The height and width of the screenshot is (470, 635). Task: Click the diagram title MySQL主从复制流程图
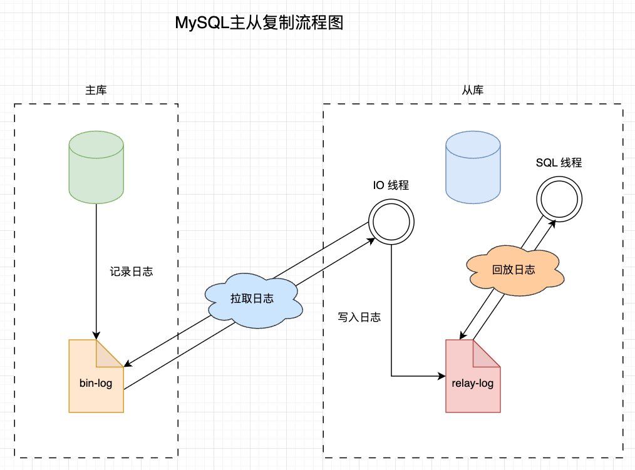pyautogui.click(x=259, y=24)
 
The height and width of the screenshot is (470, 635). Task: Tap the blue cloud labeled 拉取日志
pyautogui.click(x=252, y=299)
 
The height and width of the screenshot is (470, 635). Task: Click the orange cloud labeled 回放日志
pyautogui.click(x=514, y=270)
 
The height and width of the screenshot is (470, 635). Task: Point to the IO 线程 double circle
pyautogui.click(x=391, y=222)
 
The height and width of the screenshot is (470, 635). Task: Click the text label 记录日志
pyautogui.click(x=131, y=272)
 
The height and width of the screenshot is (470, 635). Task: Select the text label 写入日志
pyautogui.click(x=359, y=317)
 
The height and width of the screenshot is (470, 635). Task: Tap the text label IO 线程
pyautogui.click(x=391, y=185)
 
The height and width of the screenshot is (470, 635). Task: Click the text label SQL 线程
pyautogui.click(x=559, y=163)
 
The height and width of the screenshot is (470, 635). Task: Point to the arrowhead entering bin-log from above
pyautogui.click(x=96, y=335)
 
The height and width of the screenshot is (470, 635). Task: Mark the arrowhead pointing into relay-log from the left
pyautogui.click(x=441, y=376)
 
